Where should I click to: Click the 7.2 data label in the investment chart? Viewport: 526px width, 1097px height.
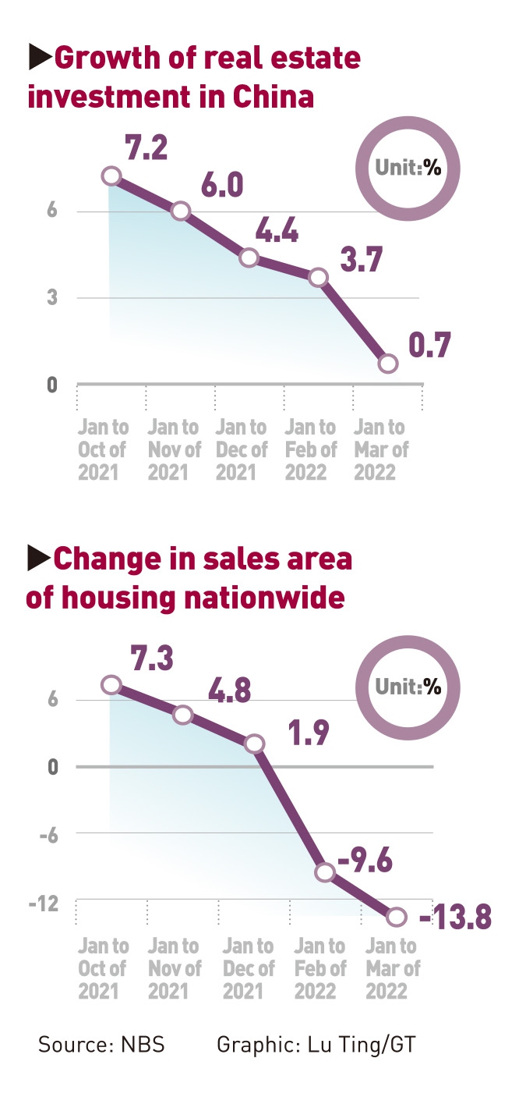click(x=147, y=147)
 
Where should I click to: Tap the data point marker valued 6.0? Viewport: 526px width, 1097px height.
click(x=181, y=211)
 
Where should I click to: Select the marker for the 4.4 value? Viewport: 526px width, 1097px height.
click(x=249, y=258)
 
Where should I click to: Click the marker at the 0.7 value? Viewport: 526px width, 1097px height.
click(x=388, y=364)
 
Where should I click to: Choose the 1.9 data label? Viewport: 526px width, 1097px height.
click(x=309, y=734)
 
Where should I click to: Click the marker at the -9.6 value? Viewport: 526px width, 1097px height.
click(x=326, y=872)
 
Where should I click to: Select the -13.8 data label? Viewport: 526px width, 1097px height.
click(x=455, y=918)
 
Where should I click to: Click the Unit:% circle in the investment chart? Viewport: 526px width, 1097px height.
click(x=408, y=168)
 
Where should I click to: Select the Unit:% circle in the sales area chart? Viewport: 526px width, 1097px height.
click(x=408, y=687)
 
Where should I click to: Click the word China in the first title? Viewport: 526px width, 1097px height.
click(x=274, y=98)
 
